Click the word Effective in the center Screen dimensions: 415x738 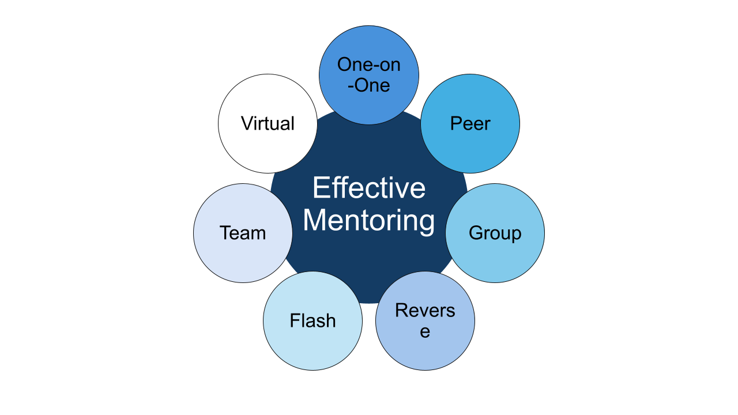pos(369,188)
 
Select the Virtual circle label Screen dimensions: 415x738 pos(268,123)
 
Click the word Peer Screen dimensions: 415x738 pos(470,123)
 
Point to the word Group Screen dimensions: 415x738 pos(495,233)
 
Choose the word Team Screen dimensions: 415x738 pos(243,233)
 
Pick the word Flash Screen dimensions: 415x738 pos(312,320)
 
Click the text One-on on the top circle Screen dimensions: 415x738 pos(369,65)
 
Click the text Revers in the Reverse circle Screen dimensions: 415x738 pos(425,311)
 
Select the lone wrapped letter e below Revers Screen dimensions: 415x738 pos(425,332)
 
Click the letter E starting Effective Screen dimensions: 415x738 pos(320,188)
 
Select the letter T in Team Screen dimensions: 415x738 pos(225,233)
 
